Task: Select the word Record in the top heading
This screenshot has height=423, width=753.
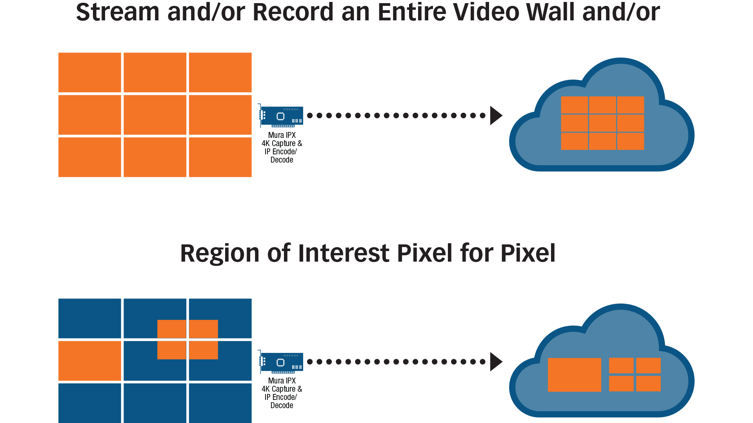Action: coord(293,13)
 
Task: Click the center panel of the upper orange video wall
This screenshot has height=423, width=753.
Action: coord(155,115)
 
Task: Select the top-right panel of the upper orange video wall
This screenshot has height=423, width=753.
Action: coord(220,72)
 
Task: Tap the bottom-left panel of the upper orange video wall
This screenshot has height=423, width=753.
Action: coord(90,157)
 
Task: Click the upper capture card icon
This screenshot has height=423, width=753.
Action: coord(281,116)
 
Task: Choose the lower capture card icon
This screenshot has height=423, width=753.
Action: coord(281,362)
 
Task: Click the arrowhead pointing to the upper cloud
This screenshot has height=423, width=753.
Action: coord(496,116)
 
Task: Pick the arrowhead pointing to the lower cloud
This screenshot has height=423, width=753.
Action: coord(496,362)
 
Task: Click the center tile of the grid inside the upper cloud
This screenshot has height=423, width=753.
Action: coord(602,123)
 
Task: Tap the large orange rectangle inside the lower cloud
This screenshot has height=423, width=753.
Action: coord(574,374)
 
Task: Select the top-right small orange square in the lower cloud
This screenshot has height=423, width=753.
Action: coord(648,365)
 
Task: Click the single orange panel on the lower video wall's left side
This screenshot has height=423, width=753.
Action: coord(90,361)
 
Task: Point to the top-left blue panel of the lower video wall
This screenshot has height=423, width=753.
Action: coord(90,318)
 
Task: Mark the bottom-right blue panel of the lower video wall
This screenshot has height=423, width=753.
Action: coord(220,403)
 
